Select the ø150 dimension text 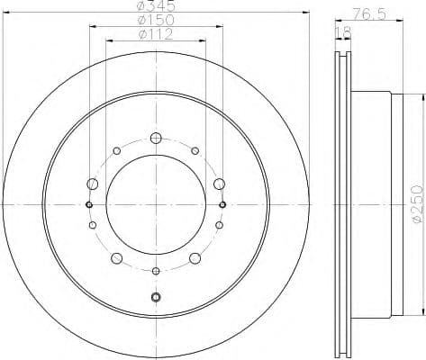(156, 20)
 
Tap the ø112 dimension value (156, 34)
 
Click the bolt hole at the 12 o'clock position (156, 138)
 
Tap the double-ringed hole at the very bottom (156, 297)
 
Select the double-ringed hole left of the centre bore (89, 204)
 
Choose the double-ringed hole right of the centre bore (222, 204)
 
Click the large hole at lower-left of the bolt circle (117, 258)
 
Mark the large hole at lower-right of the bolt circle (195, 258)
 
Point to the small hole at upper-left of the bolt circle (117, 150)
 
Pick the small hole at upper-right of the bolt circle (195, 150)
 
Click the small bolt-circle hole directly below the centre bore (156, 271)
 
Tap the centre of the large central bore (156, 204)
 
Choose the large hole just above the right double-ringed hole (219, 184)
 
